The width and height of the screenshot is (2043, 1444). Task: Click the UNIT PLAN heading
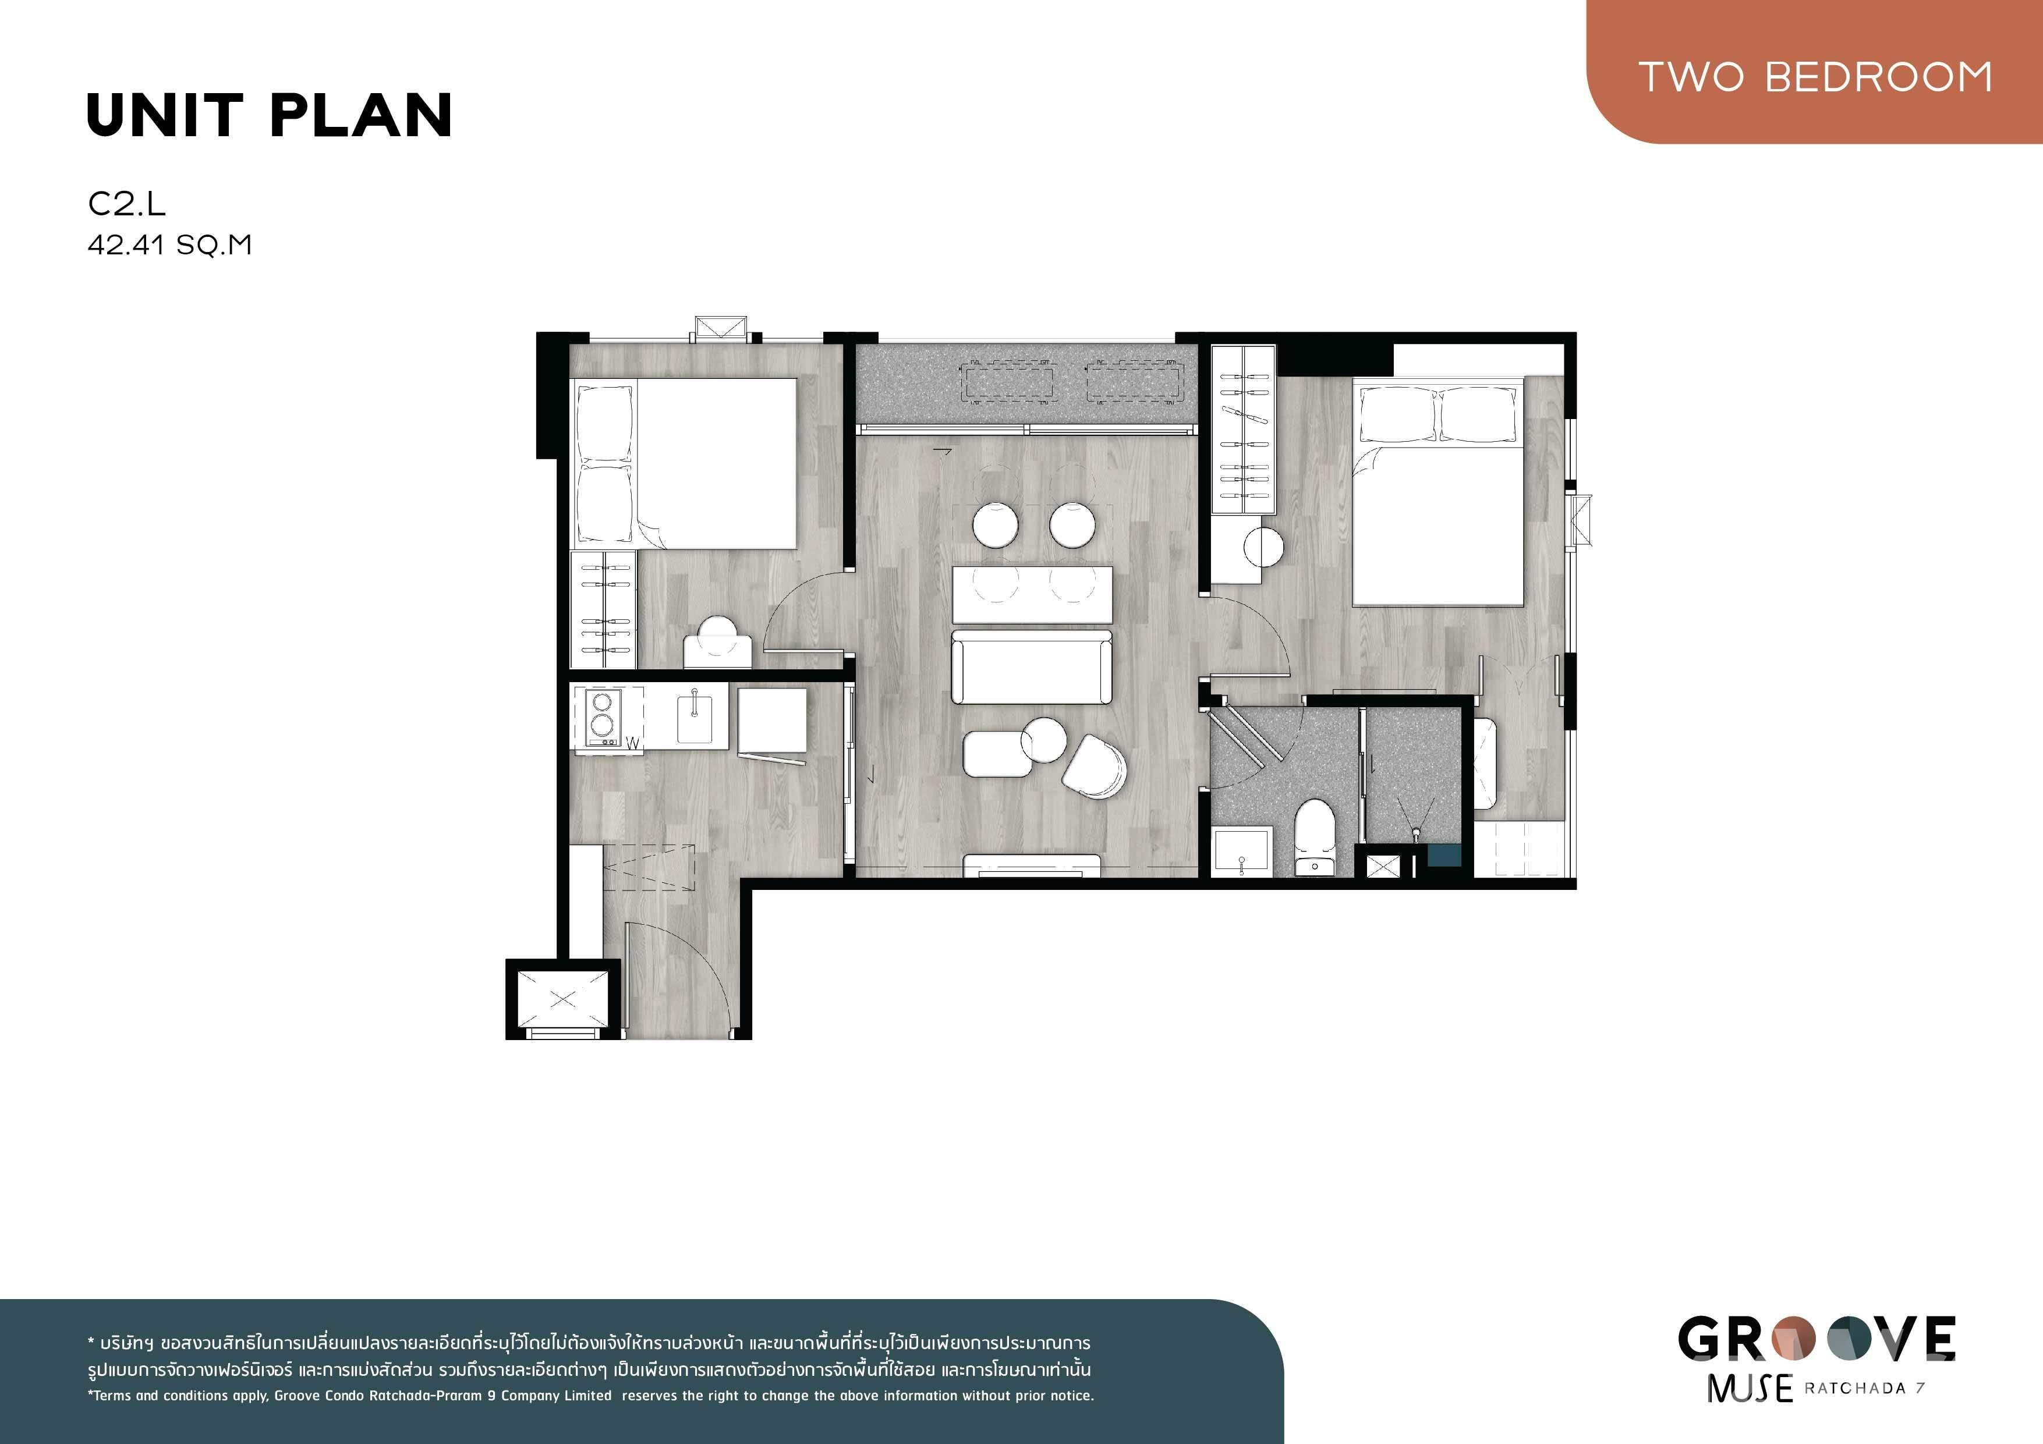pyautogui.click(x=270, y=116)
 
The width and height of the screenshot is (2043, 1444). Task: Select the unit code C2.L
pyautogui.click(x=126, y=204)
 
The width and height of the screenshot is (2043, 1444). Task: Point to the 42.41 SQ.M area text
pyautogui.click(x=169, y=244)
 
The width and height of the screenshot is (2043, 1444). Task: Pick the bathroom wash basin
pyautogui.click(x=1242, y=852)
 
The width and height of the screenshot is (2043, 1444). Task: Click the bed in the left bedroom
pyautogui.click(x=684, y=463)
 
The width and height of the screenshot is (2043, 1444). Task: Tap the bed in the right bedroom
pyautogui.click(x=1437, y=492)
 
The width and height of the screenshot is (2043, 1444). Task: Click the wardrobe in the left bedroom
pyautogui.click(x=603, y=609)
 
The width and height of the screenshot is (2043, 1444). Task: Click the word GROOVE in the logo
pyautogui.click(x=1817, y=1339)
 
